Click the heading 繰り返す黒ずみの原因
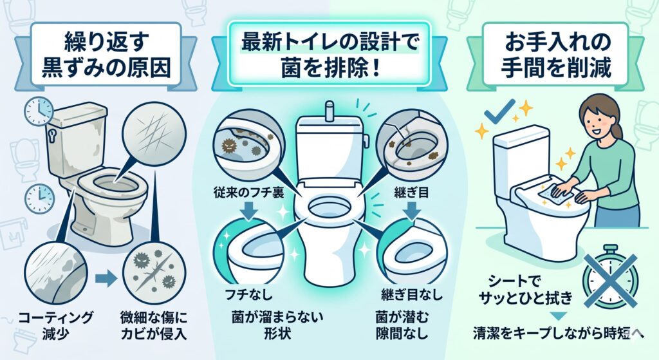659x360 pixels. coord(106,55)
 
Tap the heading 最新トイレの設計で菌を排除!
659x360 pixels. coord(329,55)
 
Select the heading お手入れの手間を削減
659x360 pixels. coord(556,55)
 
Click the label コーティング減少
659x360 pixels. coord(55,325)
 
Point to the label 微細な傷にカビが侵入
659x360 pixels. coord(153,325)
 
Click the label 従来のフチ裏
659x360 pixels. coord(249,193)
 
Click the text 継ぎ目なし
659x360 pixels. coord(412,294)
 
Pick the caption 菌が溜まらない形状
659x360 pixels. coord(277,325)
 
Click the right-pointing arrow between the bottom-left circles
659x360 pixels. coord(106,278)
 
